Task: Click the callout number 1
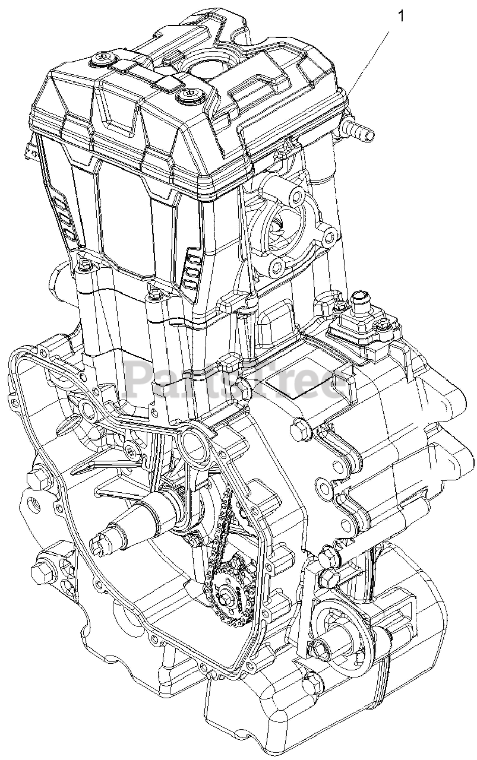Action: pos(401,16)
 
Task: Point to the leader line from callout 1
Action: pos(369,56)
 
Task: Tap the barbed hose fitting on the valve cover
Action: pos(359,129)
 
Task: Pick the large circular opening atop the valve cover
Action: pos(207,70)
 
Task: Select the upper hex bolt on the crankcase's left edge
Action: pos(35,479)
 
